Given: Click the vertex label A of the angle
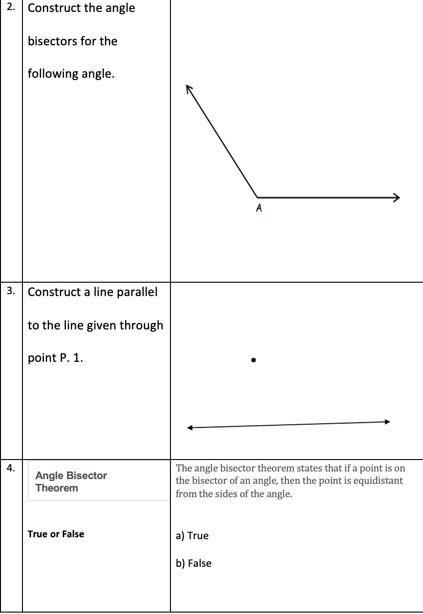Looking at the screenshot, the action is click(258, 208).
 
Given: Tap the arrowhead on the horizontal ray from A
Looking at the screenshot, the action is click(396, 197).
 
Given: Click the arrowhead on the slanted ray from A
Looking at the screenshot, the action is click(190, 89).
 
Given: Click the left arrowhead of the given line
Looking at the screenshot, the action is click(190, 428).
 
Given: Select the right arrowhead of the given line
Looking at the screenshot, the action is click(387, 421).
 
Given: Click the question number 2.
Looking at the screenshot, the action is click(11, 8).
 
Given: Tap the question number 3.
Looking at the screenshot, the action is click(11, 290).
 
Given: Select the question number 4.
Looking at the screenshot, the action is click(11, 468).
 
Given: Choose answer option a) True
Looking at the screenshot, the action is click(192, 536).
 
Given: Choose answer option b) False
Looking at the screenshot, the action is click(193, 563).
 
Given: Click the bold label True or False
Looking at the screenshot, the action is click(56, 534).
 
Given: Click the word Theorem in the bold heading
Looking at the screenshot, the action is click(56, 488).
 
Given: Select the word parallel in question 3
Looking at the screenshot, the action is click(138, 292).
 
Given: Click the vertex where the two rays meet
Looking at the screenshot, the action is click(257, 197).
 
